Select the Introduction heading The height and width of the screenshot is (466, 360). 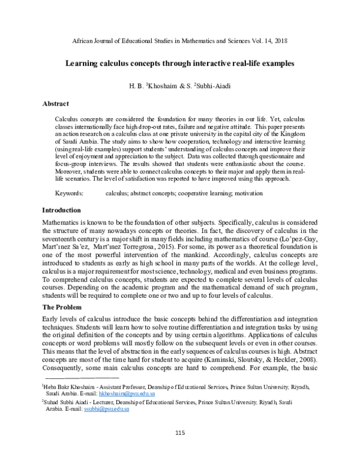61,210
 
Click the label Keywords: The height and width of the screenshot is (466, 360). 70,194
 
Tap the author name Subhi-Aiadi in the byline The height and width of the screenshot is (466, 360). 214,86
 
